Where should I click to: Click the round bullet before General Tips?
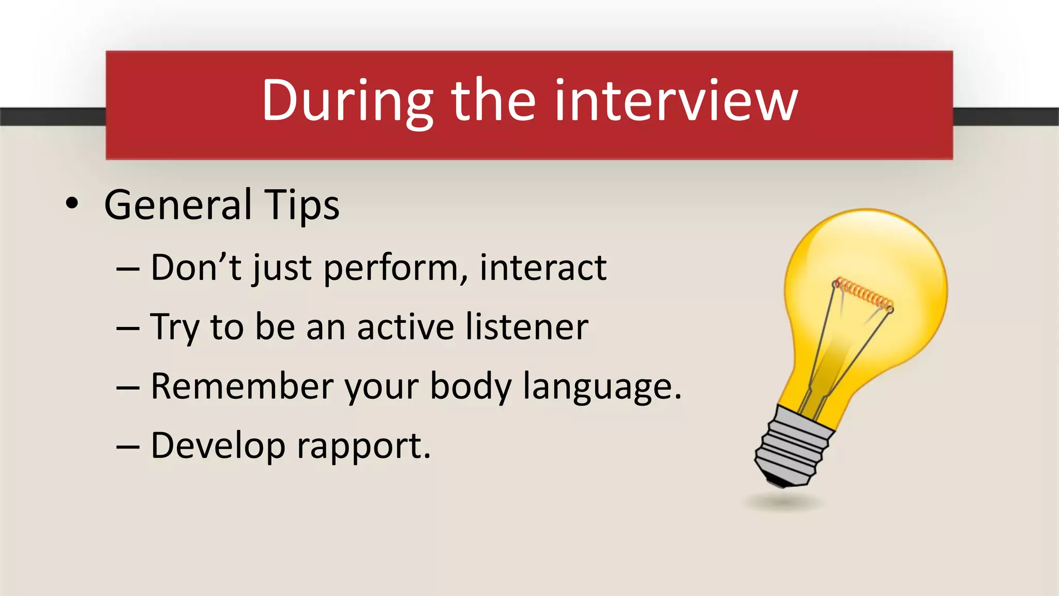[x=72, y=204]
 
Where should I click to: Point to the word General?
[x=178, y=205]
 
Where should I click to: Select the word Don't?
[x=196, y=268]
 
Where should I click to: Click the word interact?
[x=543, y=268]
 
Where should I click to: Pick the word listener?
[x=527, y=327]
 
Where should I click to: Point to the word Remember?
[x=242, y=386]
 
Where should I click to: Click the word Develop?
[x=218, y=446]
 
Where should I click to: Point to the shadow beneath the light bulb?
[x=783, y=502]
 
